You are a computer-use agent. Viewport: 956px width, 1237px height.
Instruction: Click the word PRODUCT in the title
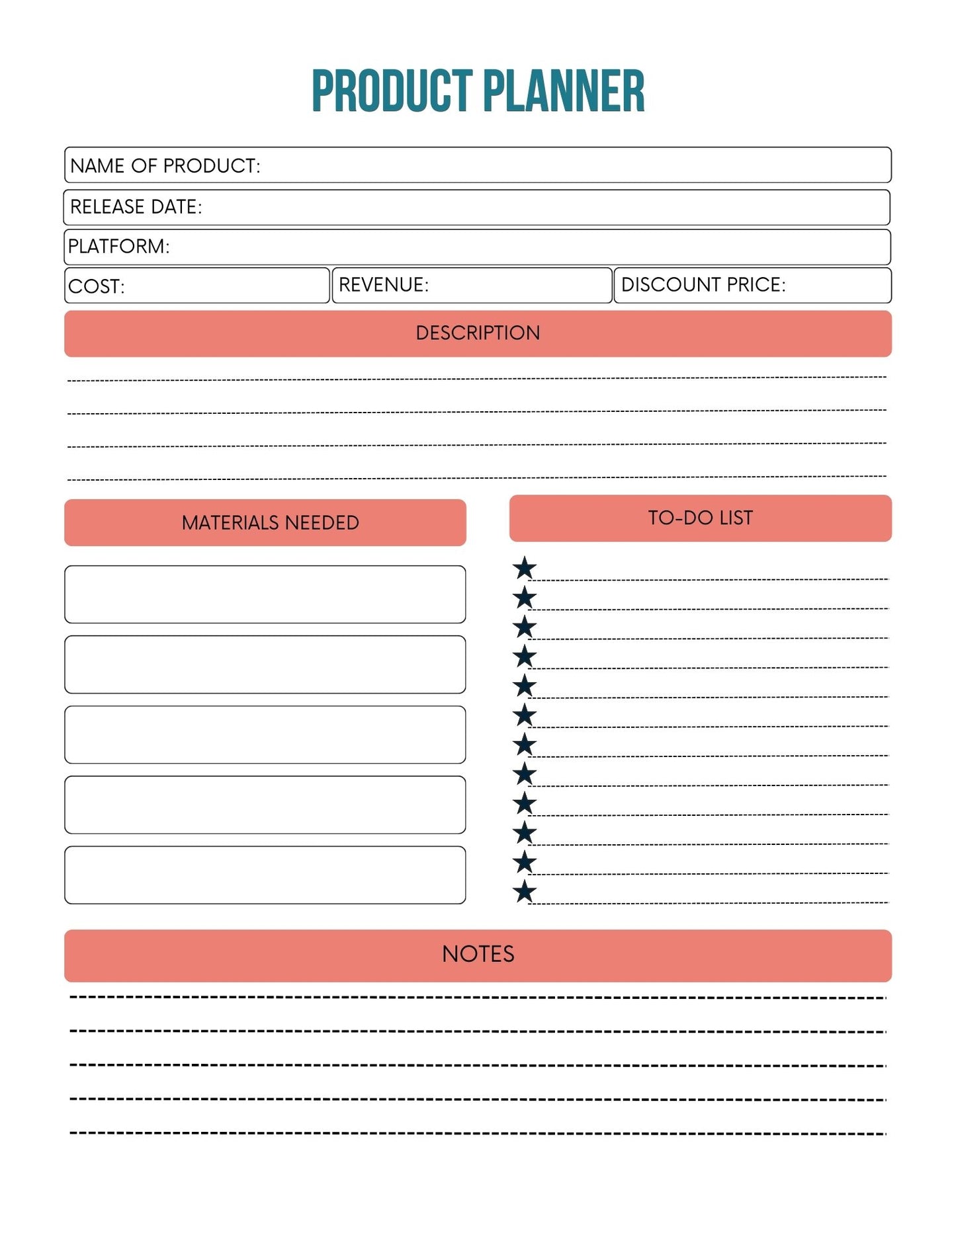click(x=392, y=91)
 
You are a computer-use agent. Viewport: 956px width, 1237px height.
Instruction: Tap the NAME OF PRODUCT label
click(x=165, y=166)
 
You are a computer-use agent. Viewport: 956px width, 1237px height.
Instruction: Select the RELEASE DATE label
click(x=136, y=207)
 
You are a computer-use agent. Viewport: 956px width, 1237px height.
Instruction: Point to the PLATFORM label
click(x=119, y=247)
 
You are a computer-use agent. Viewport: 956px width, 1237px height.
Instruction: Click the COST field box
click(x=197, y=286)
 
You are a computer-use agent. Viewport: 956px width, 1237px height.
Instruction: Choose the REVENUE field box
click(x=472, y=286)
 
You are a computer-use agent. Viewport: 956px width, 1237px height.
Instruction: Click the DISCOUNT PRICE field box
click(x=752, y=286)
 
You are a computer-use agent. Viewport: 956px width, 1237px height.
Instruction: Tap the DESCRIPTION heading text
click(x=478, y=333)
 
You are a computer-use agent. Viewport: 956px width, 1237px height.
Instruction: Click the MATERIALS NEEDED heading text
click(x=270, y=523)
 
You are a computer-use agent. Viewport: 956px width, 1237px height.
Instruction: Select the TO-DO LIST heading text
click(x=700, y=518)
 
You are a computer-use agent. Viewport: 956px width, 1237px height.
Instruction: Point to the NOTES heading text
click(x=478, y=954)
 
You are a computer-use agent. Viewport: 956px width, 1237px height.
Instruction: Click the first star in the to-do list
click(x=525, y=568)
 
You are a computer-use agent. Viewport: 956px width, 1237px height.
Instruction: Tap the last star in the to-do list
click(x=525, y=892)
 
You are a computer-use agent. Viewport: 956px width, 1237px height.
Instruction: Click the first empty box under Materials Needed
click(x=265, y=594)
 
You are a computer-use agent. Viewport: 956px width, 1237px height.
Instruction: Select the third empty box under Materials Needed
click(x=265, y=735)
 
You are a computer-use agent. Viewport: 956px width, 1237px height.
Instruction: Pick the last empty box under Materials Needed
click(x=265, y=875)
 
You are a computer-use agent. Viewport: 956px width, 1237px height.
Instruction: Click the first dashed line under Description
click(x=476, y=379)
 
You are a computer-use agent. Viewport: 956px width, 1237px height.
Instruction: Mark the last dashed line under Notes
click(x=476, y=1133)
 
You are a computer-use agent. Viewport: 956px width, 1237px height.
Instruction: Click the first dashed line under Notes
click(x=476, y=997)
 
